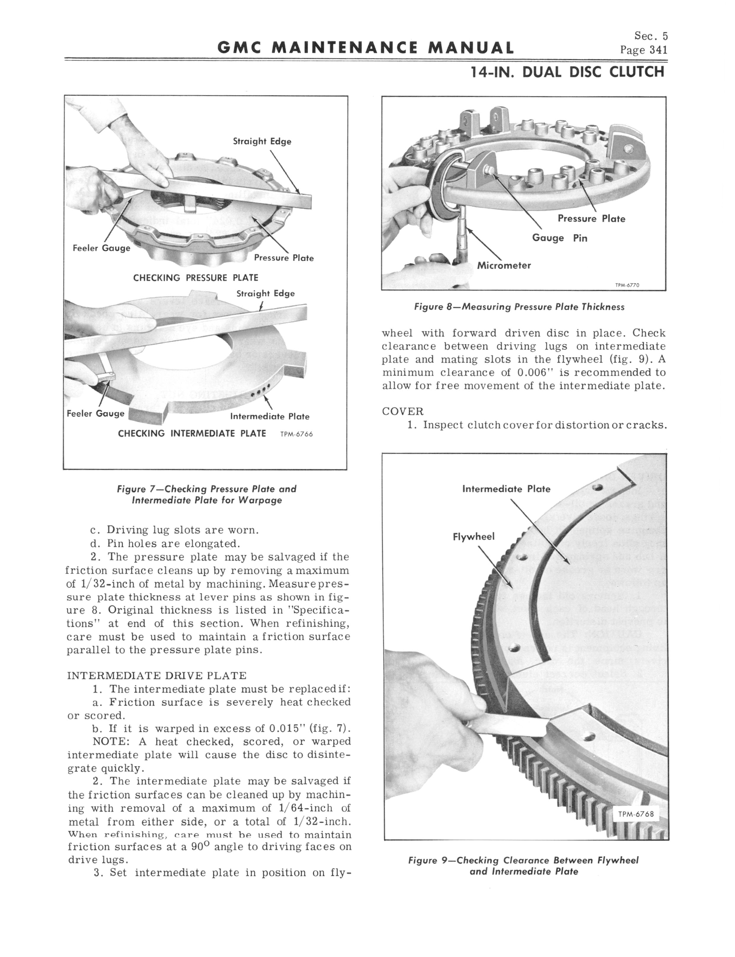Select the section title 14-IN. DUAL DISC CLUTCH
click(567, 71)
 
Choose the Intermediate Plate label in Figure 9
click(506, 489)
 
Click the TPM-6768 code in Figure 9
click(636, 814)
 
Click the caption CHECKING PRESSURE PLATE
click(196, 278)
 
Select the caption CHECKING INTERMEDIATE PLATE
click(192, 433)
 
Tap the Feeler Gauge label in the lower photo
click(95, 414)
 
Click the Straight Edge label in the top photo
click(262, 141)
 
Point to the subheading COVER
click(402, 412)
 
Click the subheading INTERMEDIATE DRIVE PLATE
click(156, 676)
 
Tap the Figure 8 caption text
click(519, 307)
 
